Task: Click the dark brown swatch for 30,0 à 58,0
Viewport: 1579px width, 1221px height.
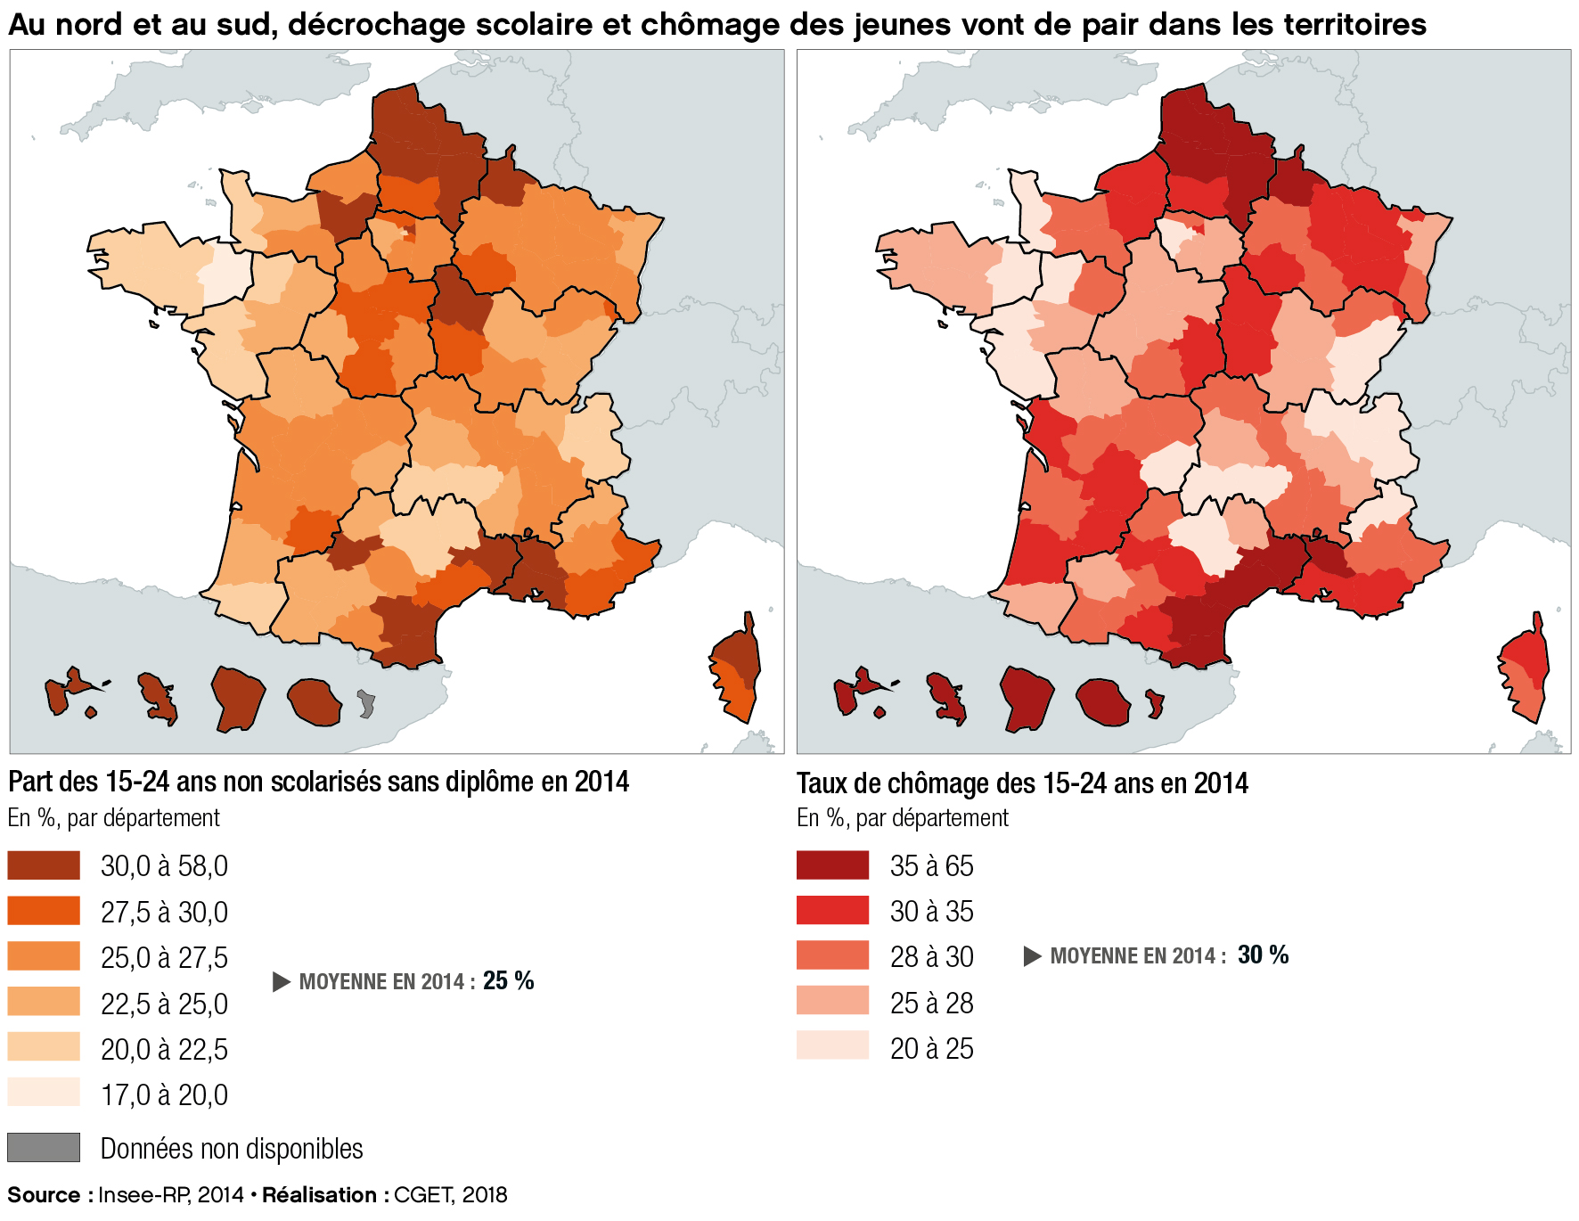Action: [x=44, y=865]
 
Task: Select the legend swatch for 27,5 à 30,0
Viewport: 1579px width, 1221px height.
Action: [x=44, y=911]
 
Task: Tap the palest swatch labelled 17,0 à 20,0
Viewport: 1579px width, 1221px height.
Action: [x=44, y=1093]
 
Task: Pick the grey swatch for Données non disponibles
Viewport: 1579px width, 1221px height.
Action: [x=44, y=1147]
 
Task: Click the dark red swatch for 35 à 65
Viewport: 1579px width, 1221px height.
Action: [x=832, y=865]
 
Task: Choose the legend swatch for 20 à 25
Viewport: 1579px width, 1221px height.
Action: [x=832, y=1046]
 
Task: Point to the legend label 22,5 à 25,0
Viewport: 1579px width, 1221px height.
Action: [x=164, y=1004]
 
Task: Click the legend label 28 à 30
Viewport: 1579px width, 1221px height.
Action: [x=931, y=957]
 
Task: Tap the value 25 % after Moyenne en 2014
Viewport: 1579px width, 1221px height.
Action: [x=508, y=981]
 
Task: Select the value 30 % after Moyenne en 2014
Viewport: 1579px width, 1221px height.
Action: [x=1263, y=955]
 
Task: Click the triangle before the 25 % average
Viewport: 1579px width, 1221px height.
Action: [x=282, y=982]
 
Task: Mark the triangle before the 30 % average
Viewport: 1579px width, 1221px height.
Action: [x=1032, y=956]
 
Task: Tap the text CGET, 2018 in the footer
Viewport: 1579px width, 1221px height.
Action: [x=450, y=1195]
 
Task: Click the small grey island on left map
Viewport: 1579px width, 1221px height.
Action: [x=365, y=704]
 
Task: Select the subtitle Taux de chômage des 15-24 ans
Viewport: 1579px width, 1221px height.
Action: [x=1021, y=783]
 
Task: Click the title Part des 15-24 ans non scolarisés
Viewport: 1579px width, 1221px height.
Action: [x=318, y=782]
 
